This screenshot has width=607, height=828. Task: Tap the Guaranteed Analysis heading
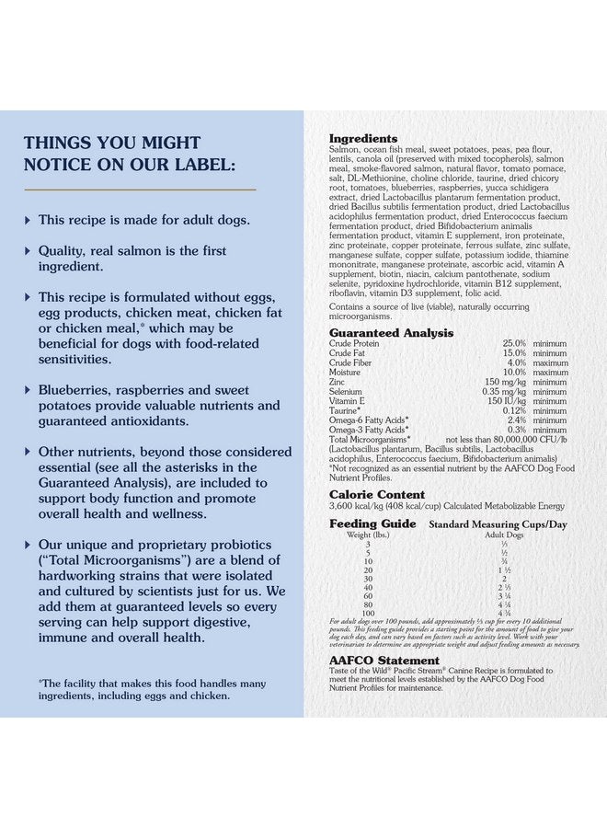coord(391,333)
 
